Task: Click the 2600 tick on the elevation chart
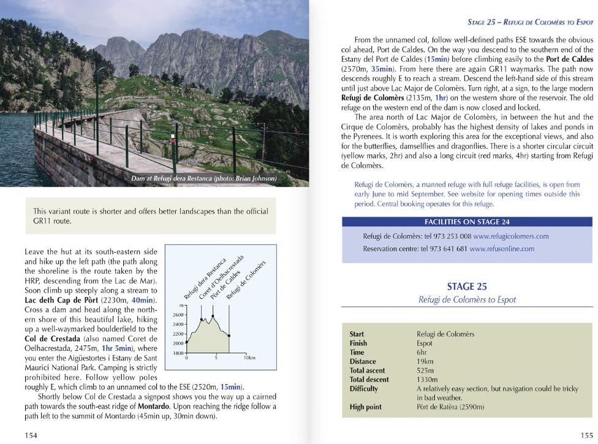pos(176,315)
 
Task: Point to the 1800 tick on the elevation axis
pos(176,353)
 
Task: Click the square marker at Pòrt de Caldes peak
pos(213,316)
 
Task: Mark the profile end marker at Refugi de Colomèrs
pos(229,336)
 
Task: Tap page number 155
pos(586,435)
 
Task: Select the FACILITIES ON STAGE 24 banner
pos(467,222)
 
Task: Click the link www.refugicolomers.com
pos(510,236)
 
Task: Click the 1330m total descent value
pos(428,380)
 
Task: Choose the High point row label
pos(365,407)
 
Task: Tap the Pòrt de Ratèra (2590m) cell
pos(450,407)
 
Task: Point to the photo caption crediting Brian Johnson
pos(204,179)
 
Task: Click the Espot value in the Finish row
pos(426,344)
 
